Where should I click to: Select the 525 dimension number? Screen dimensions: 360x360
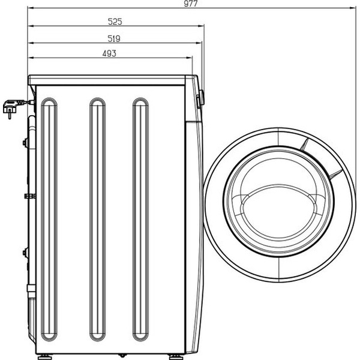(x=115, y=22)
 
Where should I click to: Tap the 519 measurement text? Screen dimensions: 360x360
(x=115, y=38)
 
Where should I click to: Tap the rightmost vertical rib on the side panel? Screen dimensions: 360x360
(x=140, y=220)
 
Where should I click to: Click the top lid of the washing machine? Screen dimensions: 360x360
(x=114, y=79)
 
